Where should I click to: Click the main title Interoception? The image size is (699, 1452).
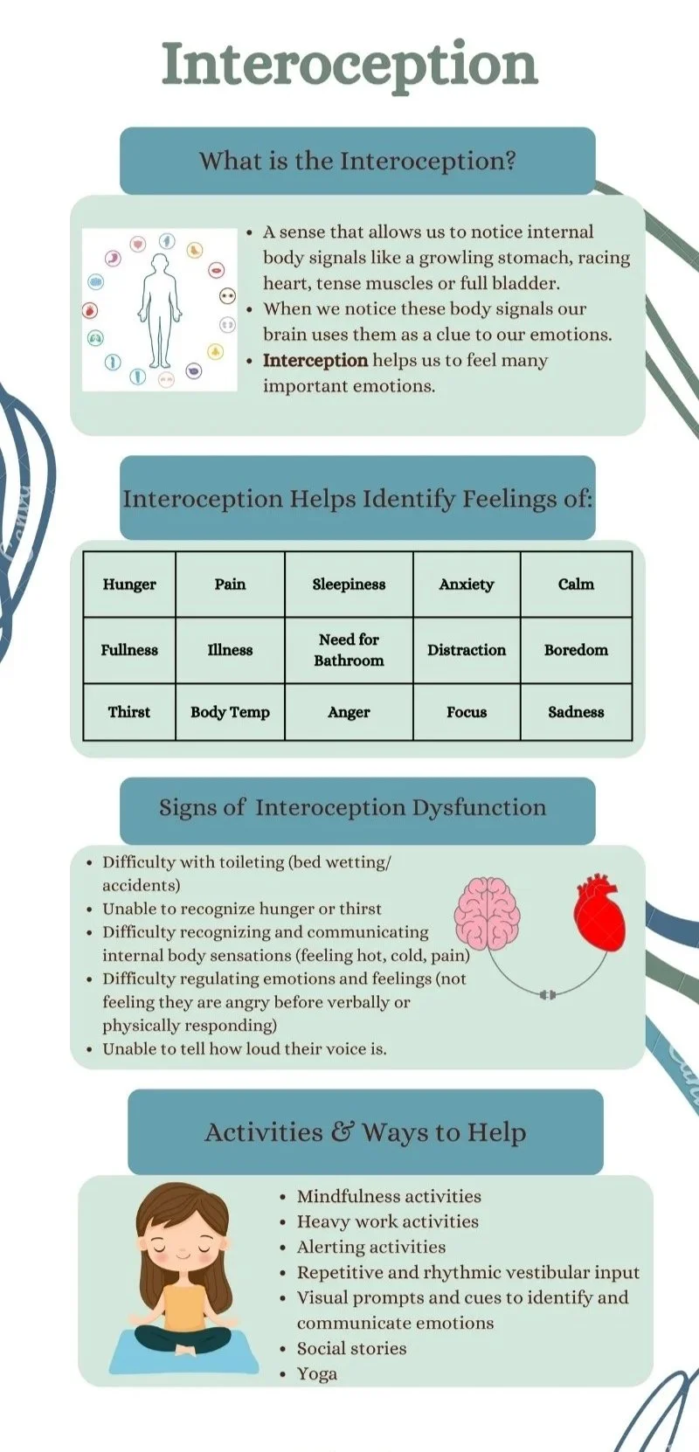click(x=349, y=65)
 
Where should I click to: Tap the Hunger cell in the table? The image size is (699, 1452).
click(x=129, y=584)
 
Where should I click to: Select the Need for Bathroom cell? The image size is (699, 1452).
click(x=349, y=650)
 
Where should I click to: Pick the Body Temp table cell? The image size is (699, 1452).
click(x=230, y=712)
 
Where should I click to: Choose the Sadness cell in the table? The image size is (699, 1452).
click(x=576, y=712)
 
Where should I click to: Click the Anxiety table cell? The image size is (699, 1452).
click(x=467, y=584)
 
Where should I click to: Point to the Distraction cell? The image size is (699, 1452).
click(x=467, y=650)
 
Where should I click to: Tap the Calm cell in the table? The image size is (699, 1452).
click(x=576, y=584)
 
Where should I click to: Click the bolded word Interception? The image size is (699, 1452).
click(x=315, y=361)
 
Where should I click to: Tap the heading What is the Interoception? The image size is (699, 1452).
click(x=357, y=161)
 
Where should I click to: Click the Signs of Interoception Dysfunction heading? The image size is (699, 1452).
click(x=352, y=808)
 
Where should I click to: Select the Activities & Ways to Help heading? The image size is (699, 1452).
click(x=365, y=1132)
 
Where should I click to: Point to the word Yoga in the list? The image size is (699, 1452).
click(x=317, y=1374)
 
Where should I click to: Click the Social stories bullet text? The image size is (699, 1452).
click(x=351, y=1349)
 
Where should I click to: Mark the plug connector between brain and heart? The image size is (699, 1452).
click(x=548, y=994)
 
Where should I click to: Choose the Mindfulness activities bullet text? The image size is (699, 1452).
click(x=389, y=1197)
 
